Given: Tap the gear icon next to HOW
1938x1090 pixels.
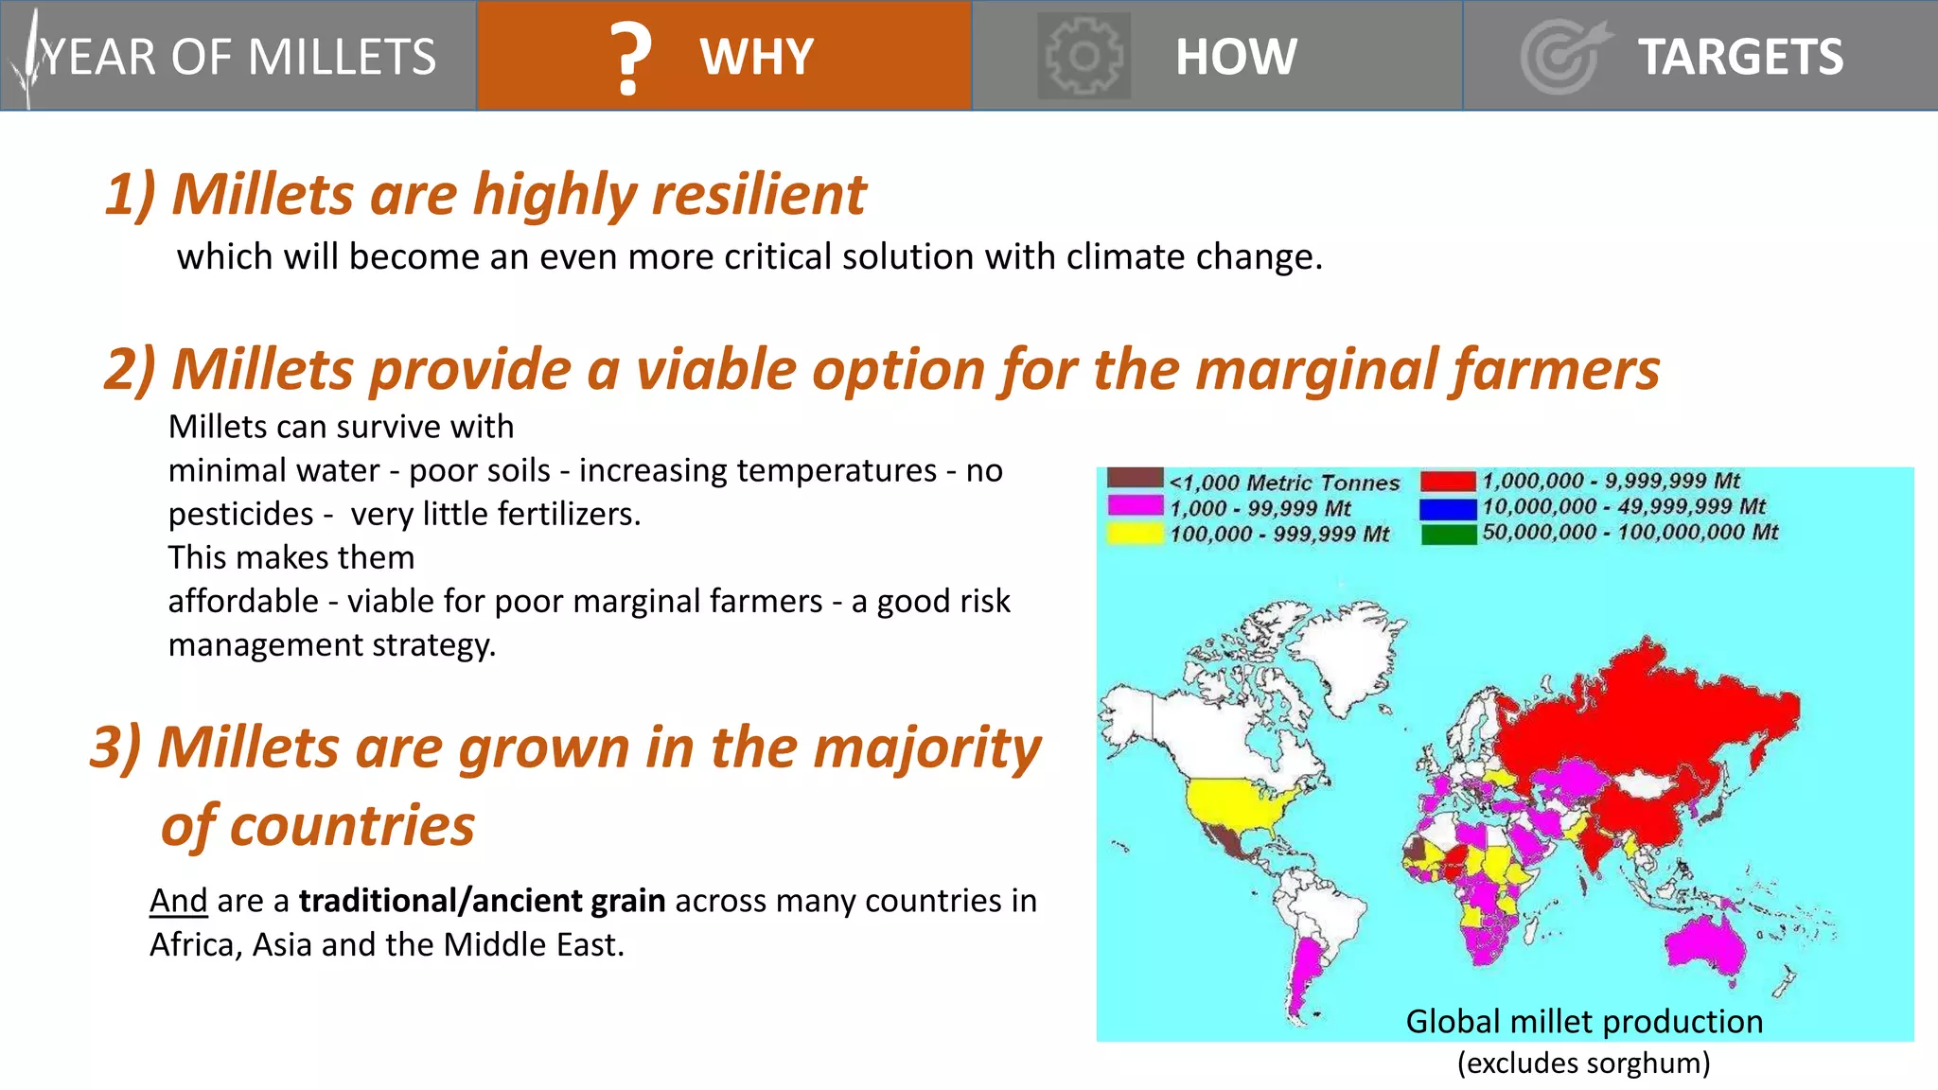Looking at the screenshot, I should click(x=1084, y=57).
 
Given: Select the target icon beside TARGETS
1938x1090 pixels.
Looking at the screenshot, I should click(x=1561, y=57).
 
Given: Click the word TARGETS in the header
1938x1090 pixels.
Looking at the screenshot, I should click(x=1740, y=57).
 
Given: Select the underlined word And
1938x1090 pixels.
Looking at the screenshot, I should click(x=178, y=901).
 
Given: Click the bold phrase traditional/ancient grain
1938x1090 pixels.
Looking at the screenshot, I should click(x=482, y=901).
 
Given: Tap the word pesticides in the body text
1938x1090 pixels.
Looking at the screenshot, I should click(x=240, y=514).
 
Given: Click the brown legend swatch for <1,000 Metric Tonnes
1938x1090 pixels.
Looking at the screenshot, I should click(x=1135, y=479).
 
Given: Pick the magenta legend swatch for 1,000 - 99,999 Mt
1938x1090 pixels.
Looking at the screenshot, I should click(x=1135, y=505).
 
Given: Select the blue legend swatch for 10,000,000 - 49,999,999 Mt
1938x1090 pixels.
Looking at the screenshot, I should click(x=1448, y=508).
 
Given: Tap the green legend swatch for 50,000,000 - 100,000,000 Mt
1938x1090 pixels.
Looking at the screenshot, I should click(x=1448, y=534).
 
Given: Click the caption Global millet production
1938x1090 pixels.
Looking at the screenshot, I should click(x=1583, y=1022).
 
